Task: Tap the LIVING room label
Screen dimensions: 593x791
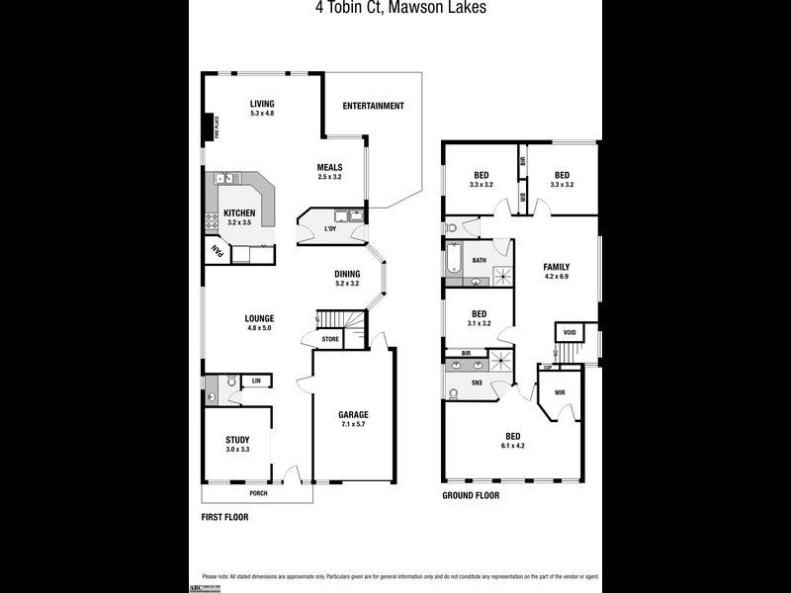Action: point(262,108)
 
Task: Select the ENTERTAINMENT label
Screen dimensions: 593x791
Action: point(373,106)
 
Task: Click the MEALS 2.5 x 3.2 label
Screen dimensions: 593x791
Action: point(329,171)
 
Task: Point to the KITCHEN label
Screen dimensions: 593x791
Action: point(240,217)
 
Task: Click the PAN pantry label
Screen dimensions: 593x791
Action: point(214,252)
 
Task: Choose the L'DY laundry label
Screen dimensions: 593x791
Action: point(330,230)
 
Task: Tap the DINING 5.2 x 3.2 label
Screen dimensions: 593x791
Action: point(347,279)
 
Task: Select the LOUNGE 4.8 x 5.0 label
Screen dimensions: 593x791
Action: point(260,322)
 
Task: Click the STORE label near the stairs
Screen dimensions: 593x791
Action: point(329,339)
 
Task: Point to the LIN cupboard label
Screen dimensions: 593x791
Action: point(256,381)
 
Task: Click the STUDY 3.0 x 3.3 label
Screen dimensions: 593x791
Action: point(237,444)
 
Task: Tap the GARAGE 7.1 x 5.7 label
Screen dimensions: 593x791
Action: point(353,419)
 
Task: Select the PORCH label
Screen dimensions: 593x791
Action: point(258,493)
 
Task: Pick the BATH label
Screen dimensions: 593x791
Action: point(479,261)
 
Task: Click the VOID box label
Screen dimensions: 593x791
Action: point(570,333)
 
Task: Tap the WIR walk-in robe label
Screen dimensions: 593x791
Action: point(560,392)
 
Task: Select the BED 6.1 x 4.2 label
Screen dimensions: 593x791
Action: point(513,441)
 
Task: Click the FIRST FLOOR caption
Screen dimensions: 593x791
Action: point(223,517)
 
